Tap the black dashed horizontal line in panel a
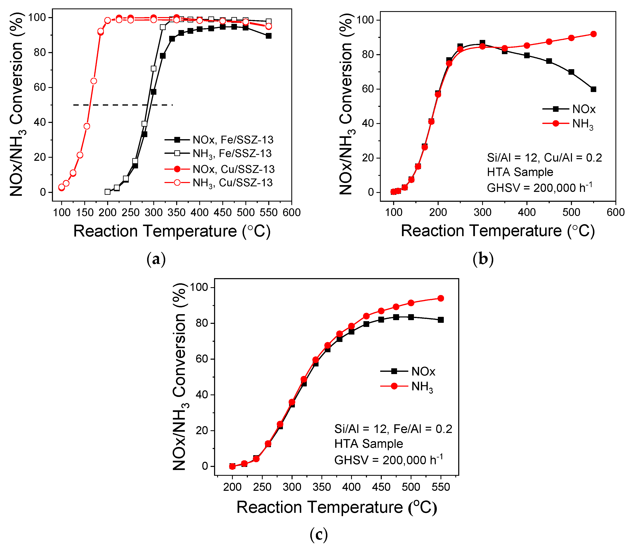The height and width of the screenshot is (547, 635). (123, 105)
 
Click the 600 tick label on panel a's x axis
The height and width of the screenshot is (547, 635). (292, 212)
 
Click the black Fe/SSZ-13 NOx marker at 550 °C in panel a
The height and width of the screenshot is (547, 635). (268, 36)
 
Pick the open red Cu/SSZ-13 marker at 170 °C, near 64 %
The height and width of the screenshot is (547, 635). (94, 81)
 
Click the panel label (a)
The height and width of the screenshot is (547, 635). (156, 259)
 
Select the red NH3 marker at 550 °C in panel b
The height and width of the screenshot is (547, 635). (593, 34)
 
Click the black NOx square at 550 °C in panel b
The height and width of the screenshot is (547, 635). (593, 89)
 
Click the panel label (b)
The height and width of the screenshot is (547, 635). (483, 259)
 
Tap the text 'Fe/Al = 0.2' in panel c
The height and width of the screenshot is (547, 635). (423, 429)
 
